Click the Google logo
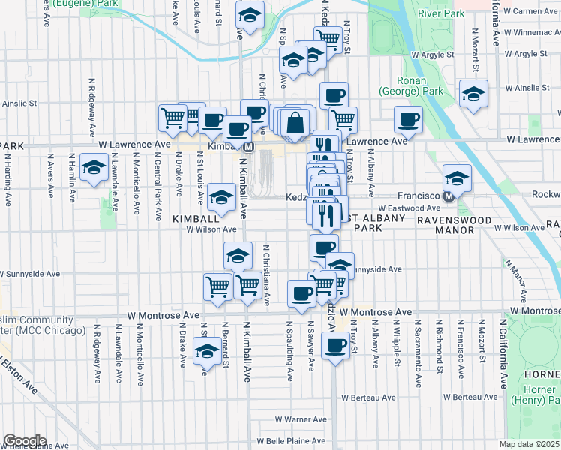tap(25, 441)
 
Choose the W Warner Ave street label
tap(301, 419)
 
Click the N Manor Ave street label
tap(514, 277)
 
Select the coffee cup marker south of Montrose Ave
tap(335, 346)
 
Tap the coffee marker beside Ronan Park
tap(409, 119)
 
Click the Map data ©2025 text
tap(529, 444)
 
